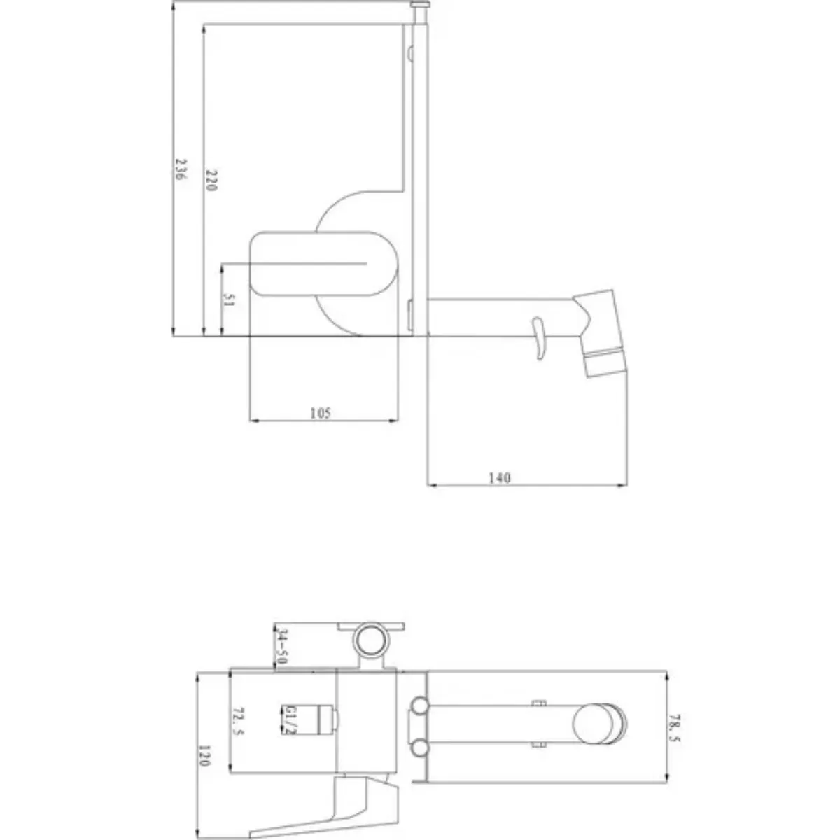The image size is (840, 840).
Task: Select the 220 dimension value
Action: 211,180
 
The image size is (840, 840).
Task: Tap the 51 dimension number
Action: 228,299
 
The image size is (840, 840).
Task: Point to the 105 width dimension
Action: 321,412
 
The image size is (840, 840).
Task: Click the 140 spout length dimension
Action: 499,478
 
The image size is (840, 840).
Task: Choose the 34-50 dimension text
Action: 283,647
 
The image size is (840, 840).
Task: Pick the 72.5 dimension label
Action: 239,721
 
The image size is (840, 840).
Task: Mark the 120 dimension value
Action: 204,756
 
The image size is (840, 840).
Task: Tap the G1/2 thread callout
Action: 289,720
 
